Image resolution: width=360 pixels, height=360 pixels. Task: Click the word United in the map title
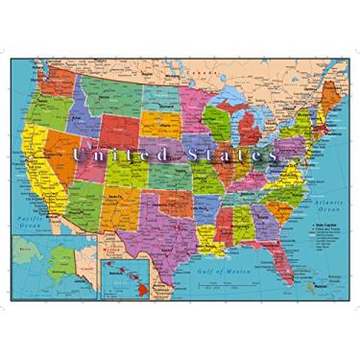coord(115,153)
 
